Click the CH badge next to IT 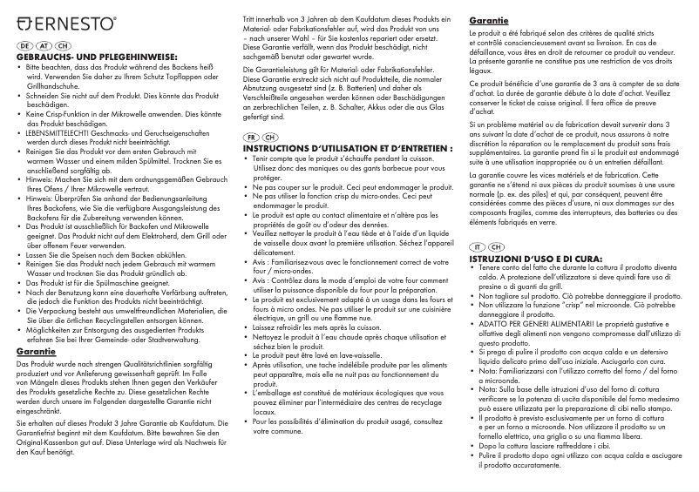click(497, 247)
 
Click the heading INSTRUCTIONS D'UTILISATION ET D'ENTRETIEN click(348, 149)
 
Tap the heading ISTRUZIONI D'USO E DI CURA click(535, 259)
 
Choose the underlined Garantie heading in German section click(37, 351)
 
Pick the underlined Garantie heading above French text click(490, 20)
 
